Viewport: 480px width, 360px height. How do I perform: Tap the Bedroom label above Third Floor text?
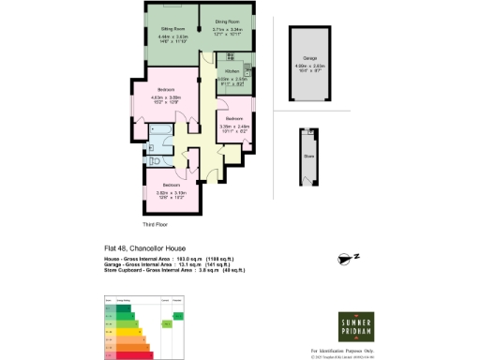point(163,185)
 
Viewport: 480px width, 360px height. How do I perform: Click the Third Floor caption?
point(155,226)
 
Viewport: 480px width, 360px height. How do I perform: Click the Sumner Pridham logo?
point(355,329)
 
